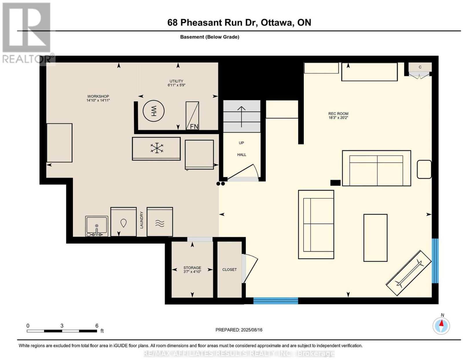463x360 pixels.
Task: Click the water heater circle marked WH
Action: tap(154, 111)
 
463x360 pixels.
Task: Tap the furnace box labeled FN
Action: tap(192, 116)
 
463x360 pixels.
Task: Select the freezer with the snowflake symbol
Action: tap(156, 149)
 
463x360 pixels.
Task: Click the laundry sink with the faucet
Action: tap(97, 226)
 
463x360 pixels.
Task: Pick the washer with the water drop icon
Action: tap(124, 222)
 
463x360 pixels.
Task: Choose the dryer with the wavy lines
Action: tap(160, 222)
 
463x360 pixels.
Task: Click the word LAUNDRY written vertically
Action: tap(142, 220)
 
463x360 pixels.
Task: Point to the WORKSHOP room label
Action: tap(98, 96)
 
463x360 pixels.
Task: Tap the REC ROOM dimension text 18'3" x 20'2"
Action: tap(338, 118)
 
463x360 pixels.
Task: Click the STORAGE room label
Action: tap(192, 268)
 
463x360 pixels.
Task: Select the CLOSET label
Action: tap(229, 270)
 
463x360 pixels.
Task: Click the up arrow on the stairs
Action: tap(241, 117)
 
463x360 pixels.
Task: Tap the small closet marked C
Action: tap(420, 67)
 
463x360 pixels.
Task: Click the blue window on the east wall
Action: tap(435, 261)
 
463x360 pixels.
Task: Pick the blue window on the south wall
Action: tap(275, 301)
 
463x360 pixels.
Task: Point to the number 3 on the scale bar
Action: tap(62, 326)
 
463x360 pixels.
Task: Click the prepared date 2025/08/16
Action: tap(251, 330)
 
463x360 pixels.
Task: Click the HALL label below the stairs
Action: tap(242, 155)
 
